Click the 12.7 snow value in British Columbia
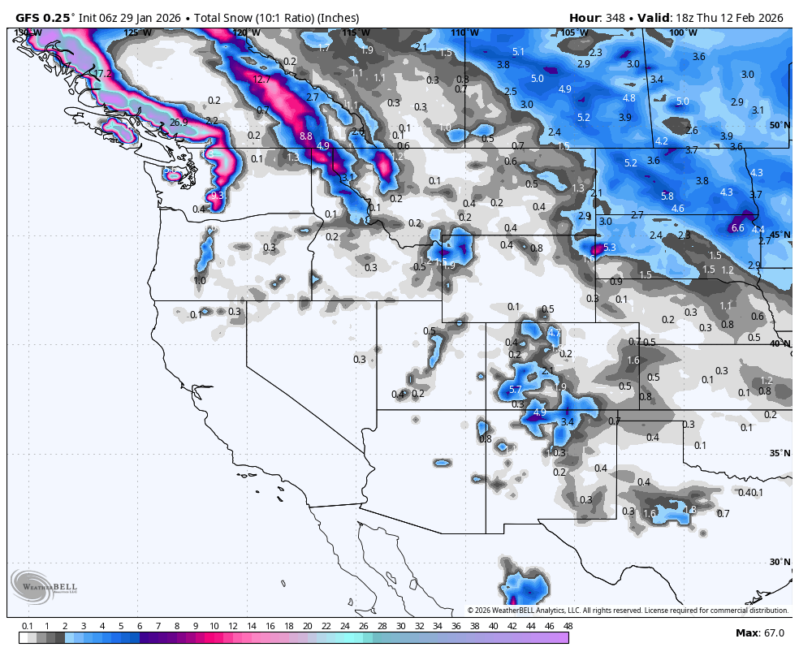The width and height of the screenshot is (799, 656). [261, 80]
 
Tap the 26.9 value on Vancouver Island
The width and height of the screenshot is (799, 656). [179, 123]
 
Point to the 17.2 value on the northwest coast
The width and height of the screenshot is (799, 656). [104, 74]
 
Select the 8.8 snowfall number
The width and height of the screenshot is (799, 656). [306, 136]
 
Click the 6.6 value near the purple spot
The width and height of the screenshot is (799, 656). [737, 228]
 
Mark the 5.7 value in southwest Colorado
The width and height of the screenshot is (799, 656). [515, 390]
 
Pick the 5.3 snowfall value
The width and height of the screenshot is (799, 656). [610, 247]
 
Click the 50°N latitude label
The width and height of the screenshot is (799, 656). [780, 125]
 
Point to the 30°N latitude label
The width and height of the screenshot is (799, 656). [780, 562]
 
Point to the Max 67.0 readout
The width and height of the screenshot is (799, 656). [759, 632]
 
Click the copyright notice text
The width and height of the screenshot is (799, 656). [627, 611]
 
